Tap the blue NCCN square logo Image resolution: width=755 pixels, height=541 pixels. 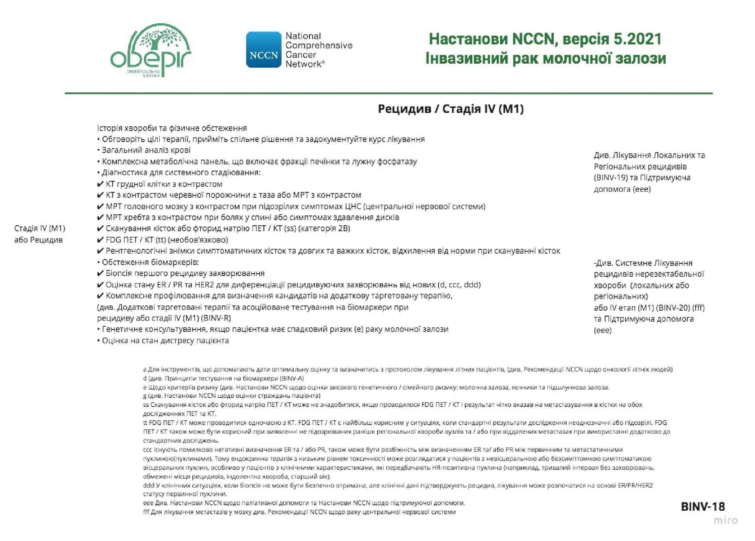point(263,50)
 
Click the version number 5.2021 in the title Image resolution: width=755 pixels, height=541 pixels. point(637,39)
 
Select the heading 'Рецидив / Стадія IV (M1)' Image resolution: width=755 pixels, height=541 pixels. point(451,109)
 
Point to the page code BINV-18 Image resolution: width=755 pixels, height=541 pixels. point(703,506)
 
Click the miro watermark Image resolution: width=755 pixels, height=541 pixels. point(726,520)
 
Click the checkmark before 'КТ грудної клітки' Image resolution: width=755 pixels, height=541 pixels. point(100,184)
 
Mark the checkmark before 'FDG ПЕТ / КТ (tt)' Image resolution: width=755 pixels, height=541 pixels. point(100,240)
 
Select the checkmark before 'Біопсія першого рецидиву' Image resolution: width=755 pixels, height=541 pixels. point(100,273)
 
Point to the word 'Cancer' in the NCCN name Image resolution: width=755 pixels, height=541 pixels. point(301,55)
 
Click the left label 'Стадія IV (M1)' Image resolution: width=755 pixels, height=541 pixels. point(39,228)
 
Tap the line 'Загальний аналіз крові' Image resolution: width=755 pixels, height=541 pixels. point(146,150)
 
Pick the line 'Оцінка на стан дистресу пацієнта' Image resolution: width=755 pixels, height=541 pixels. point(165,340)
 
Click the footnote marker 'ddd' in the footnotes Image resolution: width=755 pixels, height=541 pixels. point(148,485)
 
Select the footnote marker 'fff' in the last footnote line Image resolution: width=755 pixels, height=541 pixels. point(146,512)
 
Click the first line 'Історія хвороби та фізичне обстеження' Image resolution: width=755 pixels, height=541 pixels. point(172,128)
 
